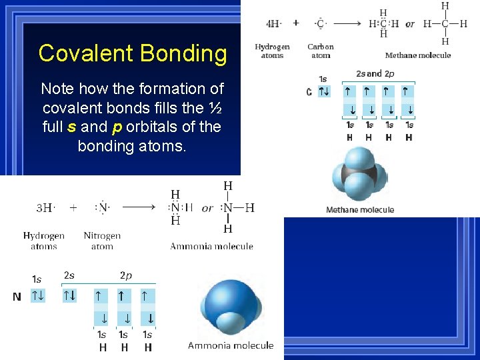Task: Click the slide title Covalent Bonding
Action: pyautogui.click(x=133, y=53)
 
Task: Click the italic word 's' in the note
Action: pyautogui.click(x=71, y=127)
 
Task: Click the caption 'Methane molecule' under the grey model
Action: pyautogui.click(x=360, y=210)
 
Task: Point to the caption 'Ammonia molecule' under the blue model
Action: pyautogui.click(x=231, y=345)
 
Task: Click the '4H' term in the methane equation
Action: pyautogui.click(x=273, y=24)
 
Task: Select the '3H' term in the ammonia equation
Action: pyautogui.click(x=44, y=208)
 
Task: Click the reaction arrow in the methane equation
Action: pyautogui.click(x=347, y=24)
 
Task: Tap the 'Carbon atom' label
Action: pyautogui.click(x=321, y=51)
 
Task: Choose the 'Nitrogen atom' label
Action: pyautogui.click(x=102, y=241)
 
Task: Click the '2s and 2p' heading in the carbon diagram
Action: pyautogui.click(x=375, y=74)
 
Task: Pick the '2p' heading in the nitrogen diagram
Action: pyautogui.click(x=125, y=275)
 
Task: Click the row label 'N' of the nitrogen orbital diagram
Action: pyautogui.click(x=17, y=297)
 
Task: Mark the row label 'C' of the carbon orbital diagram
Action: pyautogui.click(x=309, y=92)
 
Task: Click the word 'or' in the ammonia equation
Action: pyautogui.click(x=207, y=208)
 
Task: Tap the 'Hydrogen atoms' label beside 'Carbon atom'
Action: pyautogui.click(x=272, y=51)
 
